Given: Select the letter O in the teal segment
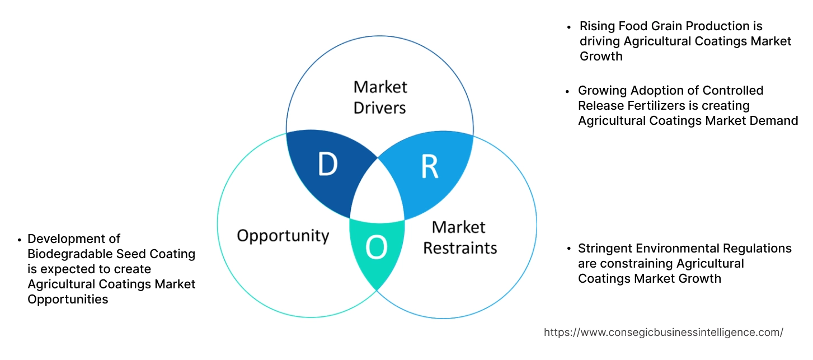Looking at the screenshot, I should coord(377,247).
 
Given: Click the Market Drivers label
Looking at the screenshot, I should coord(380,97).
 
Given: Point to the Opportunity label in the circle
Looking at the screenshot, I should coord(283,235).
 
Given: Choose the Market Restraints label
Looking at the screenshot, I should coord(459,237).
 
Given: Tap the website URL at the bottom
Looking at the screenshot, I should coord(663,332).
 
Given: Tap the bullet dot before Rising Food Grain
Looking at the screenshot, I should coord(569,27).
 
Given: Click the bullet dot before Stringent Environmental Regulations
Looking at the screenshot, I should coord(568,249).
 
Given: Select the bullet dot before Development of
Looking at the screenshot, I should coord(19,239).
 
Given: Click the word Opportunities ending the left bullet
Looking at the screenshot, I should coord(68,300).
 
